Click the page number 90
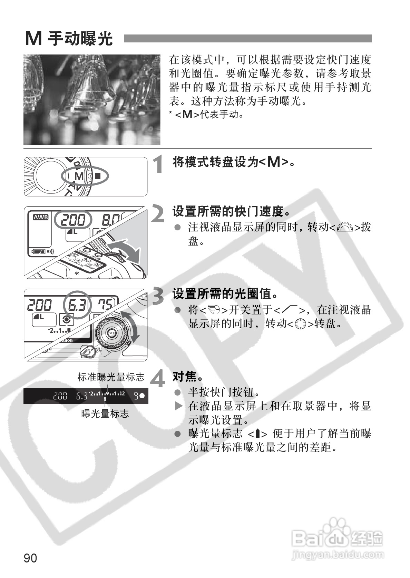coord(30,558)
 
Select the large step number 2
coord(158,214)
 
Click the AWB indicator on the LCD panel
coord(41,218)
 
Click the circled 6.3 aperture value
coord(78,305)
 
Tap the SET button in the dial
coord(111,333)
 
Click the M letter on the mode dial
coord(79,176)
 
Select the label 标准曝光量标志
coord(111,377)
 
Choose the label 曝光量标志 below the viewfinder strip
coord(105,413)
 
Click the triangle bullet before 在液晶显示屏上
coord(178,406)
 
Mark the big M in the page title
coord(33,38)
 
